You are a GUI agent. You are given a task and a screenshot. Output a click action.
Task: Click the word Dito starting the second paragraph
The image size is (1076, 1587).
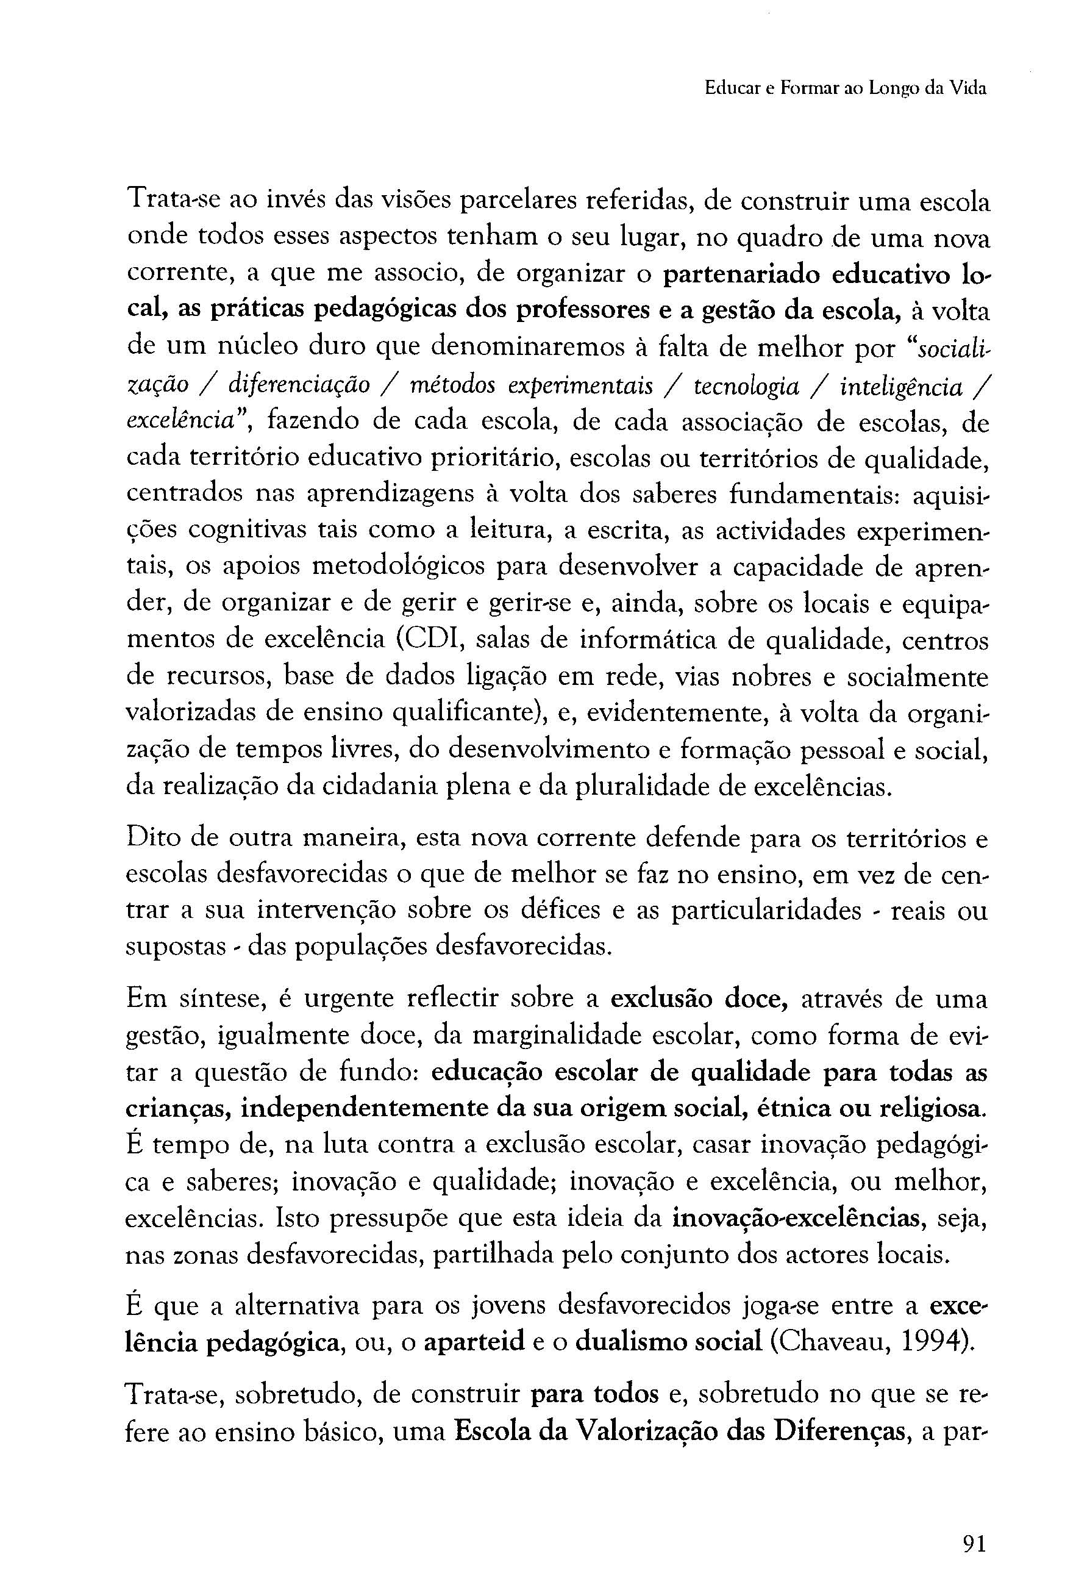[x=151, y=839]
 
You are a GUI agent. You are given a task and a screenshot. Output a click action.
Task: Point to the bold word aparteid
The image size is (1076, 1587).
[x=473, y=1342]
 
